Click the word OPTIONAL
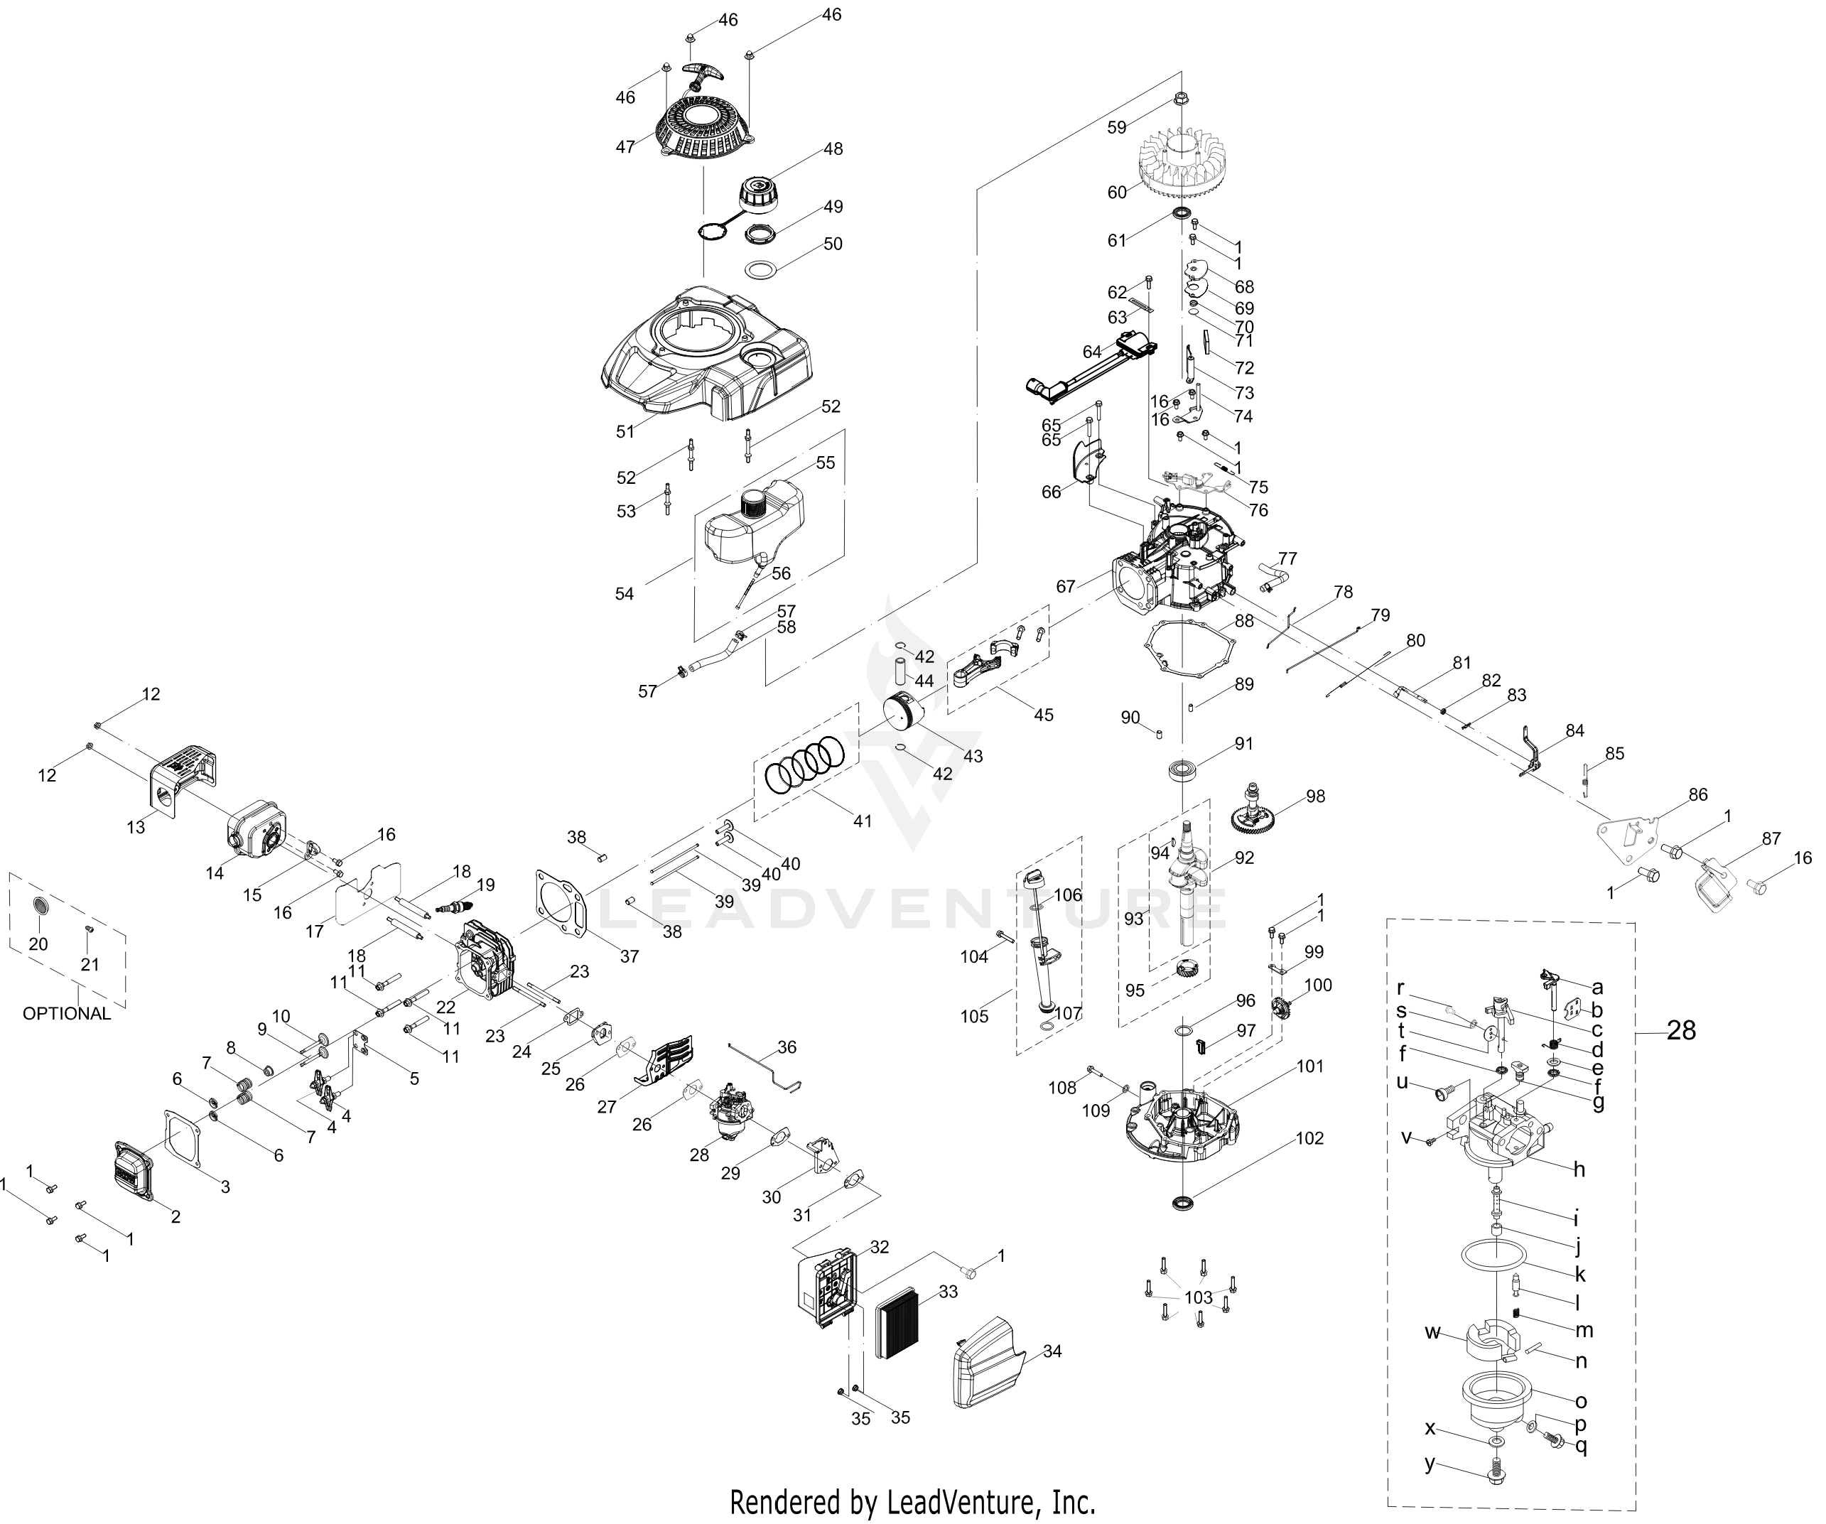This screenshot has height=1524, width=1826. pyautogui.click(x=66, y=1013)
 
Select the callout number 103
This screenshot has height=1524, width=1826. pyautogui.click(x=1198, y=1297)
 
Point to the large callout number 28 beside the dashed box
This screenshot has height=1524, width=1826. pyautogui.click(x=1681, y=1030)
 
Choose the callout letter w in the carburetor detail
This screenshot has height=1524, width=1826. pyautogui.click(x=1433, y=1332)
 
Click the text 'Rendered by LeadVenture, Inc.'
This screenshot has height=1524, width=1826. pyautogui.click(x=912, y=1501)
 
